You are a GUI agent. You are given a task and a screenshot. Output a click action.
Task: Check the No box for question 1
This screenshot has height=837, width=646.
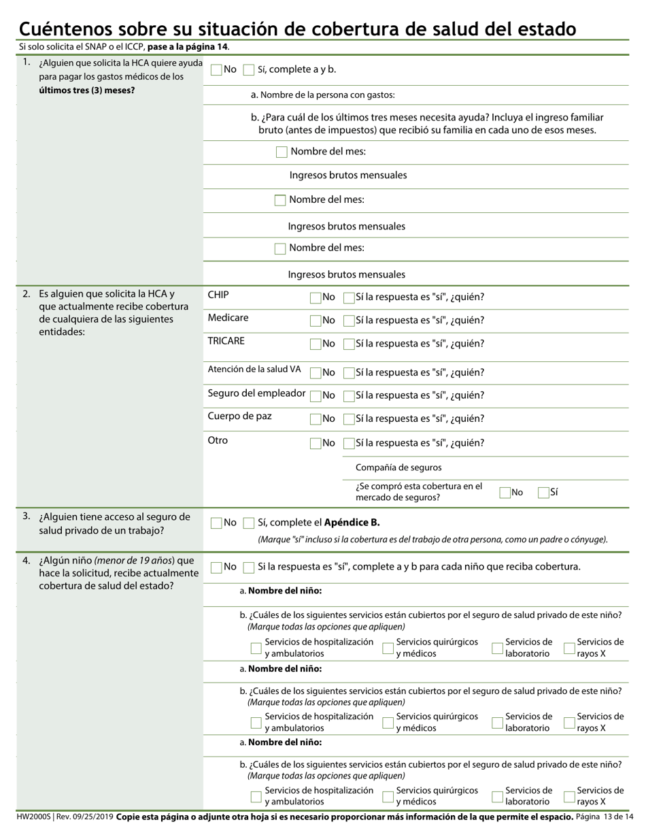tap(216, 69)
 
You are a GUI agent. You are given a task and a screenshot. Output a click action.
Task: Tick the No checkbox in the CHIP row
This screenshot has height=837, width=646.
tap(316, 297)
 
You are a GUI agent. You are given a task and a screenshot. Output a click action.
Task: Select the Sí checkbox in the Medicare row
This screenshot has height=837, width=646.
tap(350, 321)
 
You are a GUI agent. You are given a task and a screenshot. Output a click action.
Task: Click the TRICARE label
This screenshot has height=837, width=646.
tap(226, 341)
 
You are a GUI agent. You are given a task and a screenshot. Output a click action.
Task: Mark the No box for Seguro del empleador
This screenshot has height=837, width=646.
tap(316, 395)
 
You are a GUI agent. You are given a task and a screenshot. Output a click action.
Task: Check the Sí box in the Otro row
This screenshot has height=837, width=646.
tap(350, 443)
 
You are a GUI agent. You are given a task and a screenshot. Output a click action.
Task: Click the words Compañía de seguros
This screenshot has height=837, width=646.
tap(398, 467)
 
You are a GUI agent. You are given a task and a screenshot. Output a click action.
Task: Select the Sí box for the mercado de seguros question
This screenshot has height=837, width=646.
tap(543, 493)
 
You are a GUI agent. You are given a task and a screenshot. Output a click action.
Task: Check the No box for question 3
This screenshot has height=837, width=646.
tap(216, 523)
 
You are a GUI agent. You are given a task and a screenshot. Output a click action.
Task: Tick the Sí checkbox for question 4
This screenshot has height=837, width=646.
tap(249, 567)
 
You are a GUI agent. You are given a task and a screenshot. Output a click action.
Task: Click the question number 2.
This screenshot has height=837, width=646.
tap(26, 294)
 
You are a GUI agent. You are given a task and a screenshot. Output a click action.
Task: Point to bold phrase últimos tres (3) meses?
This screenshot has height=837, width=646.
tap(86, 90)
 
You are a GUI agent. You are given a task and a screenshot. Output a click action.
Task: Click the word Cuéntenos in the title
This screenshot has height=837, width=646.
tap(65, 29)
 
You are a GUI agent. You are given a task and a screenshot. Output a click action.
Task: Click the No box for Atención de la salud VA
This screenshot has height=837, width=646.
tap(316, 372)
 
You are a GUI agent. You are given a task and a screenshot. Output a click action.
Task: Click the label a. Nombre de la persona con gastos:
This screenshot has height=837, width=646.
tap(322, 95)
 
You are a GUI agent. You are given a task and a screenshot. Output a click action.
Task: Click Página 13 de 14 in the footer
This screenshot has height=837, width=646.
tap(604, 817)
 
